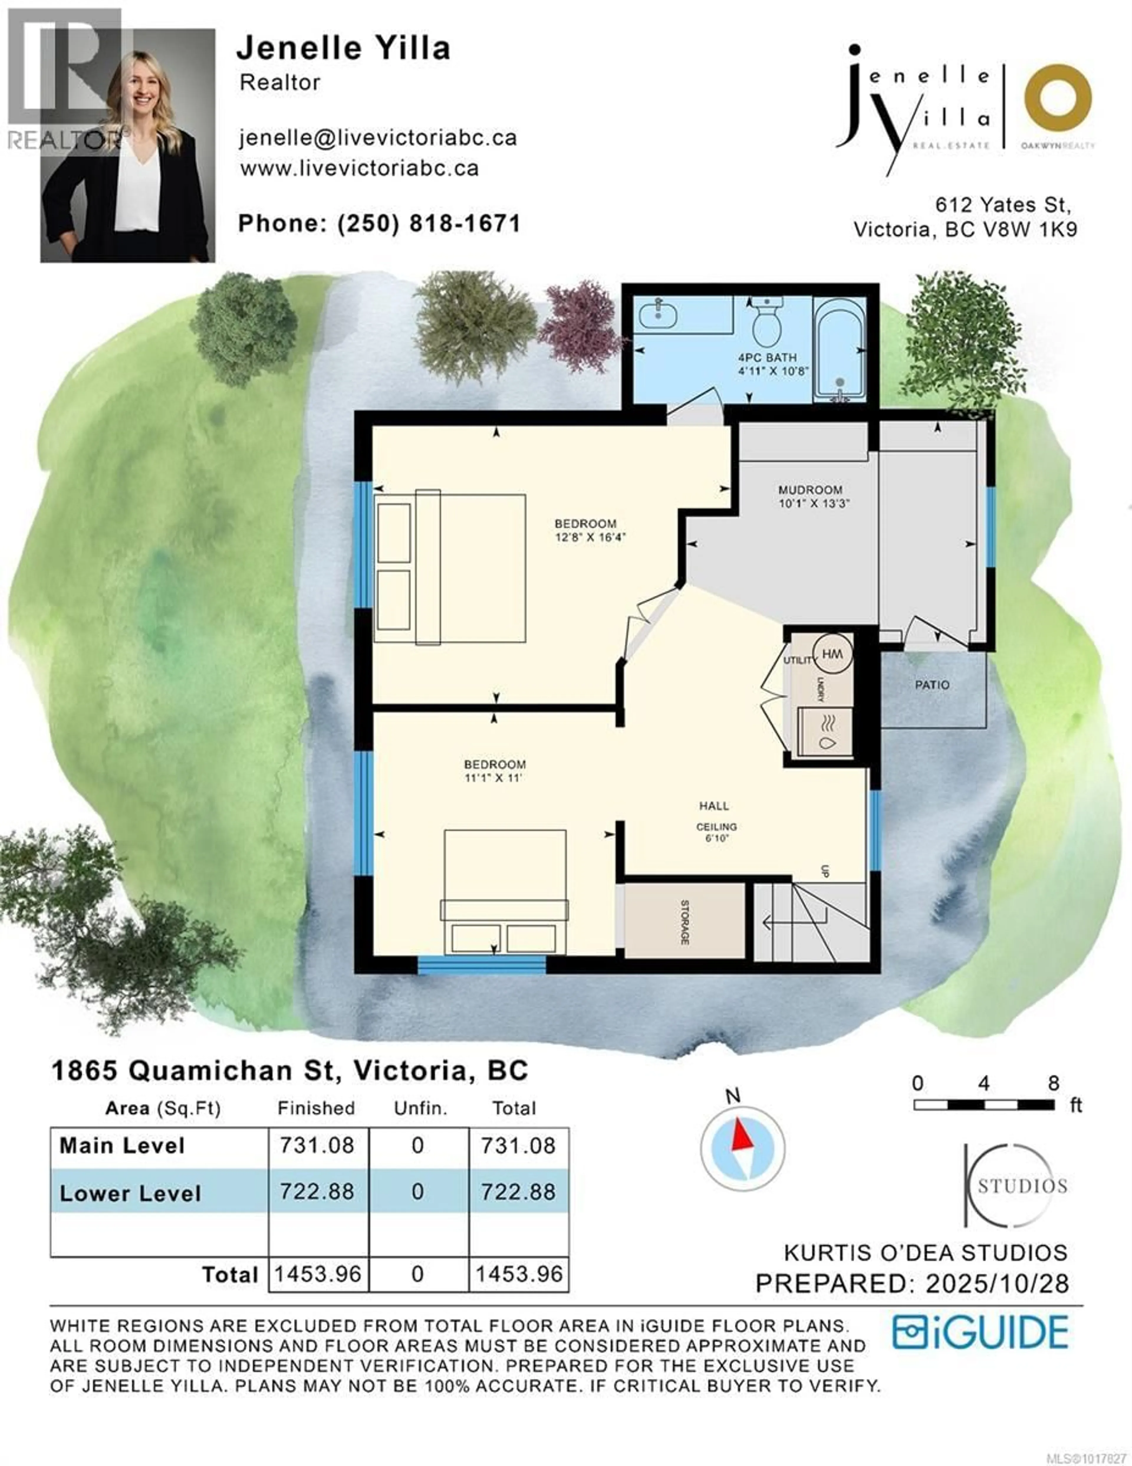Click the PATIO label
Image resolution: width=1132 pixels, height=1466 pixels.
pyautogui.click(x=932, y=685)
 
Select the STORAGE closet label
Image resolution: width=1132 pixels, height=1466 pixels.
pyautogui.click(x=685, y=922)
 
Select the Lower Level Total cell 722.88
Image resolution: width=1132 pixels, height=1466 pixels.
pyautogui.click(x=518, y=1191)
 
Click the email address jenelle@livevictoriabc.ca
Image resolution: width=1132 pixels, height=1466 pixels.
pyautogui.click(x=378, y=138)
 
